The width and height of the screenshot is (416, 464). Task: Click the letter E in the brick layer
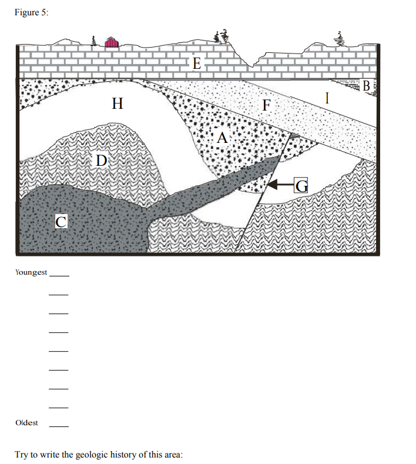coord(196,64)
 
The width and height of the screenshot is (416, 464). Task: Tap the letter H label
coord(118,105)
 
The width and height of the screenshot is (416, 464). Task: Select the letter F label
coord(267,106)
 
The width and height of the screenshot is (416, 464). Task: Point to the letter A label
coord(222,138)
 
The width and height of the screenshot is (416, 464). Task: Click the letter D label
coord(101,159)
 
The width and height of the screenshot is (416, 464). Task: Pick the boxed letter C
coord(61,221)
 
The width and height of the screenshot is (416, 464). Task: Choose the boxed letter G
coord(301,186)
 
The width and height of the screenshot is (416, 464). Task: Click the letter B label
coord(367,86)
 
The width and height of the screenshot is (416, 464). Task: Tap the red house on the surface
coord(112,42)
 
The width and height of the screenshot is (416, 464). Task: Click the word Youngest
coord(31,272)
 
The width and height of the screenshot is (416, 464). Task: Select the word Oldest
coord(27,422)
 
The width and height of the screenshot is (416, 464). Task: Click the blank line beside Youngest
coord(59,275)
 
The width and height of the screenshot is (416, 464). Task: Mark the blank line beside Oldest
coord(59,425)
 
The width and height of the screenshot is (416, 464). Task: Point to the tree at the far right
coord(338,38)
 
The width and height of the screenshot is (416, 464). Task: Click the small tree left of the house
coord(93,41)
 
